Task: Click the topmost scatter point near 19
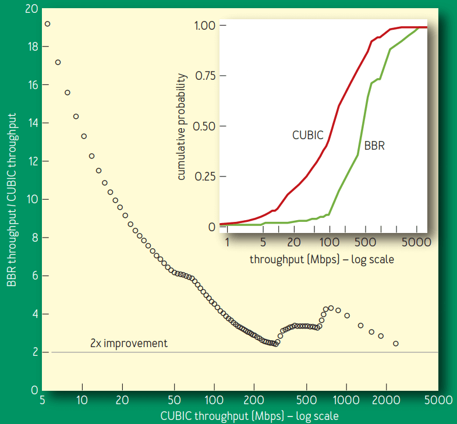(47, 24)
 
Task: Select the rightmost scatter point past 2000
(396, 344)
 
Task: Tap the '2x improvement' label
(129, 343)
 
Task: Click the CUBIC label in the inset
(307, 135)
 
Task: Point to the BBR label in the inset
(374, 146)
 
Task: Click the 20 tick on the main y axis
(32, 9)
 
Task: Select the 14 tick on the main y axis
(33, 123)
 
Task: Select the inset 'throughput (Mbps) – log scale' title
(321, 259)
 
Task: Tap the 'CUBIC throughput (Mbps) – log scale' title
(249, 415)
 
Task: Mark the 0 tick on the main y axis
(35, 390)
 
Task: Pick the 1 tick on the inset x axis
(227, 241)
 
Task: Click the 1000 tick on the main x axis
(346, 401)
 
